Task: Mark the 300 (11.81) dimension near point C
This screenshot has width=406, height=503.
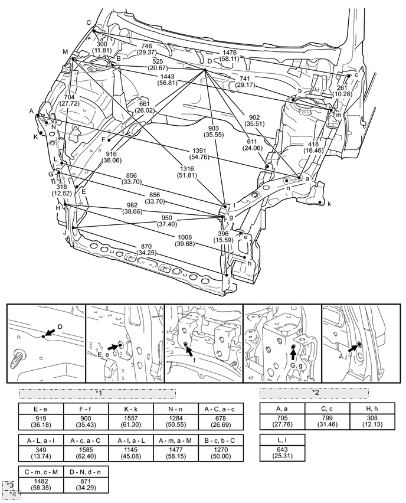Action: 103,47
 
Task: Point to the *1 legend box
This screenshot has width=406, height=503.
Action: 97,393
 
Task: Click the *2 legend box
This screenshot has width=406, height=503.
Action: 315,393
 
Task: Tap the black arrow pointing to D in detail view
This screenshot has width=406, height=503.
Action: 52,334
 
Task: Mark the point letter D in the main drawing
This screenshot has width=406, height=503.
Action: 209,61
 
